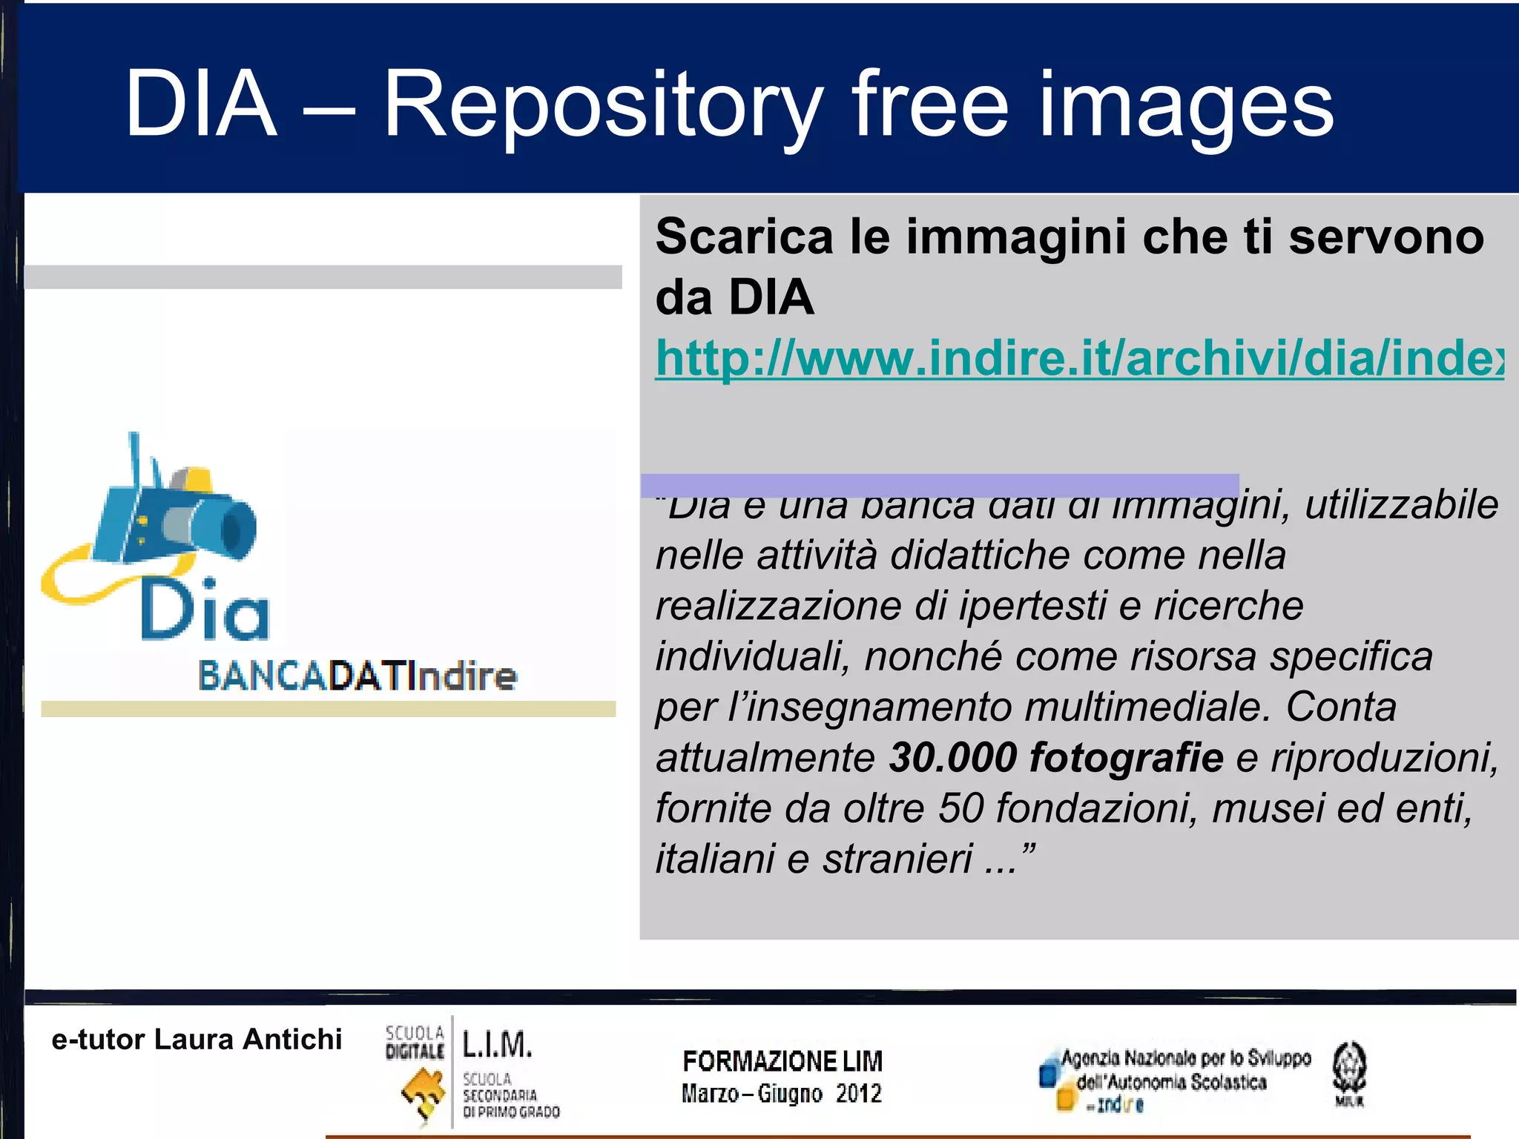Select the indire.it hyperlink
(1079, 358)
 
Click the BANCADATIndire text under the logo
(357, 676)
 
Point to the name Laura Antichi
(248, 1040)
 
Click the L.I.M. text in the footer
(497, 1044)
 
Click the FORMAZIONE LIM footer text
(782, 1061)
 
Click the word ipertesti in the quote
(1032, 607)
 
